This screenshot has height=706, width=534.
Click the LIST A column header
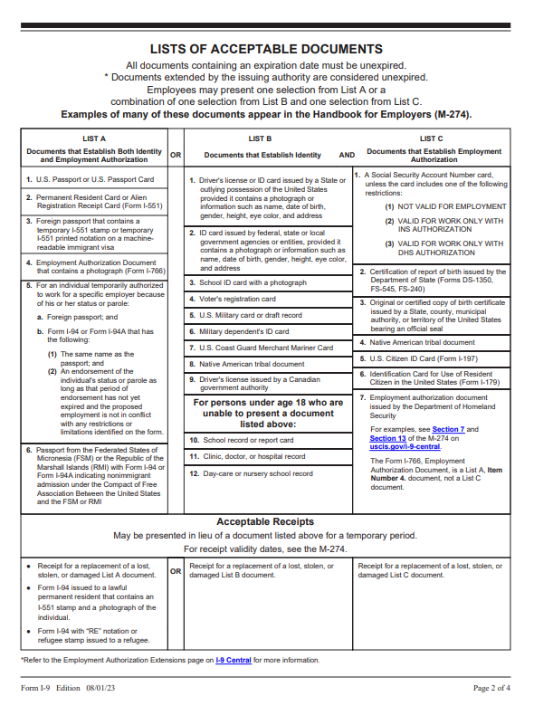click(x=94, y=138)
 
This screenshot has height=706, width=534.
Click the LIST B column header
click(x=260, y=138)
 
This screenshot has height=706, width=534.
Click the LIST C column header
click(x=431, y=138)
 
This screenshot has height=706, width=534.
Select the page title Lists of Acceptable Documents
click(x=266, y=49)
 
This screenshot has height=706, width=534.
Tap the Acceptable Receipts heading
click(x=265, y=521)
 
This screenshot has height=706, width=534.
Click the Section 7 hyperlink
click(x=449, y=429)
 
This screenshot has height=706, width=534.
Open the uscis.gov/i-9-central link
click(x=405, y=446)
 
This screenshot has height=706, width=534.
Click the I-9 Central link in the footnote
click(x=233, y=660)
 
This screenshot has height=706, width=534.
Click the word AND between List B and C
click(x=347, y=155)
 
